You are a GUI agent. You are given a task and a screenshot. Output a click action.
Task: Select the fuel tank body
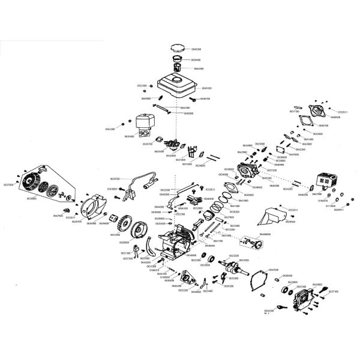(x=176, y=88)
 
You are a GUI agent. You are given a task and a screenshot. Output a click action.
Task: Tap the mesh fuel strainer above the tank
(x=178, y=68)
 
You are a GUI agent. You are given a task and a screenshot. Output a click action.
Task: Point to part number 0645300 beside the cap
(x=196, y=49)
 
